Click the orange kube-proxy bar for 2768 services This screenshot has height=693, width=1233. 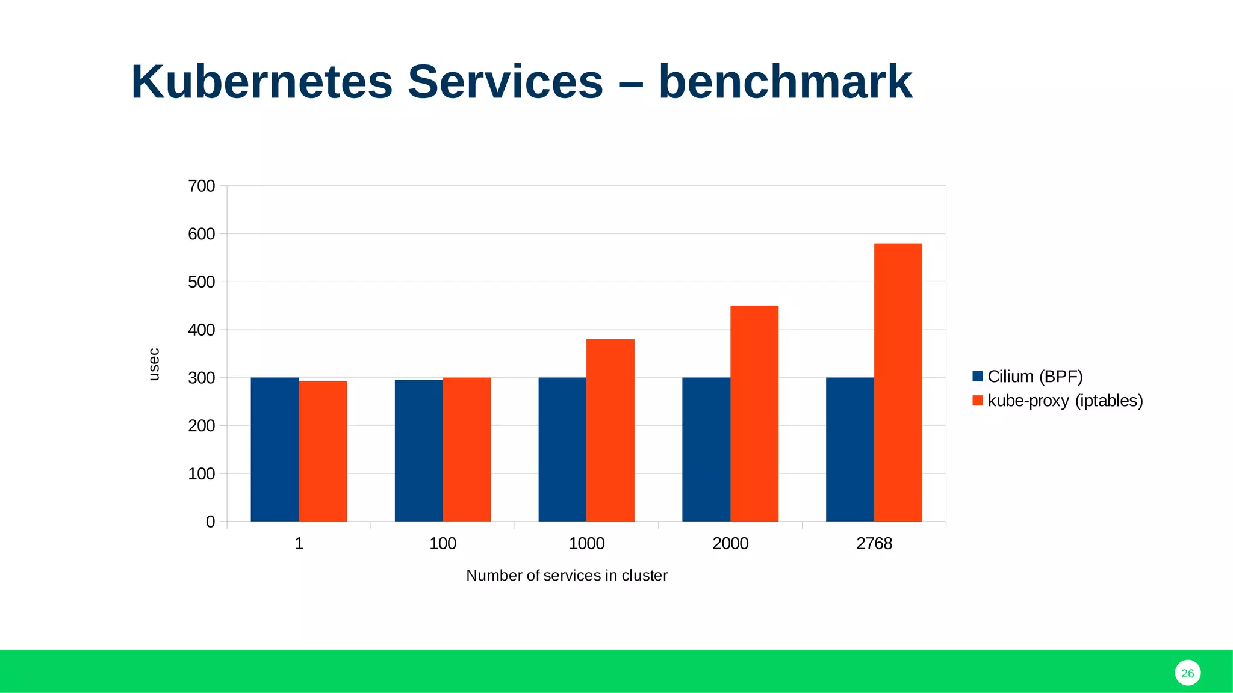coord(898,382)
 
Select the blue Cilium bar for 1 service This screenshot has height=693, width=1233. coord(275,449)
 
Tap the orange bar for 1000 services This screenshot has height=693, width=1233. coord(610,430)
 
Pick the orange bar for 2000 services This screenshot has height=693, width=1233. coord(754,413)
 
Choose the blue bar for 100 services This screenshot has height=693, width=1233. coord(418,451)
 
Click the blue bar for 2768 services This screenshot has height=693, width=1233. coord(849,449)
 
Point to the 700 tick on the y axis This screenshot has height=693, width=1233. coord(202,186)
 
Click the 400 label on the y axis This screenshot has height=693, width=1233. coord(202,330)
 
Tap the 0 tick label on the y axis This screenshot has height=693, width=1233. coord(210,522)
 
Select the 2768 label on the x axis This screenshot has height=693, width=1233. coord(874,544)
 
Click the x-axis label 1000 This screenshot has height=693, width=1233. coord(586,544)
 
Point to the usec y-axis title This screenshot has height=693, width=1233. coord(154,365)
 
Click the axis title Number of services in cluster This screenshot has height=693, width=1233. coord(567,576)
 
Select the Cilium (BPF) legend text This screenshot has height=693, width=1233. coord(1035,377)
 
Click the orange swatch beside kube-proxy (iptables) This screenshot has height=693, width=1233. coord(977,401)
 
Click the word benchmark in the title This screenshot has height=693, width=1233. coord(785,82)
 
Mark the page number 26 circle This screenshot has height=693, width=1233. coord(1187,673)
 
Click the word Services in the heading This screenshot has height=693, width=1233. coord(505,82)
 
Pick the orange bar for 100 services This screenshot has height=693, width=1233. coord(467,449)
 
